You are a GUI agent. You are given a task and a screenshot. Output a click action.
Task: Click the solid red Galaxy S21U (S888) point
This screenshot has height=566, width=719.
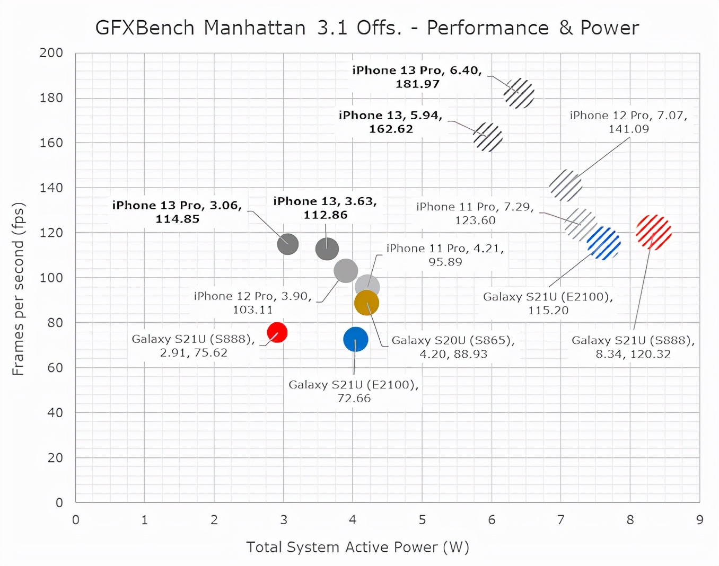pyautogui.click(x=277, y=332)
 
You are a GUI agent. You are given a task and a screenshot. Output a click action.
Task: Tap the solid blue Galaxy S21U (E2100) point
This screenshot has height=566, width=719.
pyautogui.click(x=355, y=339)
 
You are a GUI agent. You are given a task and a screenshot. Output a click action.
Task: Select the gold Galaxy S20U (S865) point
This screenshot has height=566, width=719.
pyautogui.click(x=366, y=303)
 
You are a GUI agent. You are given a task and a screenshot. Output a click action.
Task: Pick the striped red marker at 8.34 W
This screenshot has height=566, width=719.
pyautogui.click(x=654, y=232)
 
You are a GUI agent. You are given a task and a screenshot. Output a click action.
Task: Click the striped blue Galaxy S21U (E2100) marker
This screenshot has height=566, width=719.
pyautogui.click(x=604, y=243)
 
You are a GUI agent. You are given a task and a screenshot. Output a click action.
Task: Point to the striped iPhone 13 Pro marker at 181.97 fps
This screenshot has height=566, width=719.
pyautogui.click(x=519, y=93)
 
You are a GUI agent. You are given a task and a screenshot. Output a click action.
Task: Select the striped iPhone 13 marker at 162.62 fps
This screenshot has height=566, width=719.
pyautogui.click(x=488, y=137)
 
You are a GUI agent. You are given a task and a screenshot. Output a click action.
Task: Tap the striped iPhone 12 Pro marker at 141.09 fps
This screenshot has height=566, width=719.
pyautogui.click(x=566, y=185)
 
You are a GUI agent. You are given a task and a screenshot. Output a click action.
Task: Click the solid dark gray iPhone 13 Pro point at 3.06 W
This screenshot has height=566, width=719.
pyautogui.click(x=288, y=244)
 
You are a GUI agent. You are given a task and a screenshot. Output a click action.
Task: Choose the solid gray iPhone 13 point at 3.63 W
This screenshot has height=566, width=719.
pyautogui.click(x=327, y=249)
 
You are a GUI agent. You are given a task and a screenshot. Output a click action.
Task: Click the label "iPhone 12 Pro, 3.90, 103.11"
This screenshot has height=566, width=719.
pyautogui.click(x=253, y=303)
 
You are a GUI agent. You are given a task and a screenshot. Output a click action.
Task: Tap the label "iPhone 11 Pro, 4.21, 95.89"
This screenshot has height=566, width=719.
pyautogui.click(x=445, y=255)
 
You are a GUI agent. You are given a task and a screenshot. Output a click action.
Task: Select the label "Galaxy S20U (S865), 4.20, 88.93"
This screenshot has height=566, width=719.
pyautogui.click(x=453, y=347)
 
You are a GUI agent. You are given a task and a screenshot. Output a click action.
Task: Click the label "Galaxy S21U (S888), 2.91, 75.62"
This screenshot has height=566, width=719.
pyautogui.click(x=194, y=346)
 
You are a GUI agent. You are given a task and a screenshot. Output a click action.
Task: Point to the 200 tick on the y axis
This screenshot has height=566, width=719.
pyautogui.click(x=51, y=53)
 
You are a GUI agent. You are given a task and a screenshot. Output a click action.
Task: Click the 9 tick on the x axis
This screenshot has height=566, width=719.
pyautogui.click(x=699, y=520)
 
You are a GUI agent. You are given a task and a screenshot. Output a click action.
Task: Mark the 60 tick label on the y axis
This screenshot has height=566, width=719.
pyautogui.click(x=55, y=367)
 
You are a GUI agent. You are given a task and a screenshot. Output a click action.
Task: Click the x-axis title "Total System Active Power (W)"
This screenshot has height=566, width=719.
pyautogui.click(x=358, y=547)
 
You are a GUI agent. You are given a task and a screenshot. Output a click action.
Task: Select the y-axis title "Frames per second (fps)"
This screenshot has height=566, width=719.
pyautogui.click(x=19, y=289)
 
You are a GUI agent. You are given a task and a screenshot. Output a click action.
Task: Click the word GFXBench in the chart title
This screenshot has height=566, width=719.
pyautogui.click(x=145, y=28)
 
